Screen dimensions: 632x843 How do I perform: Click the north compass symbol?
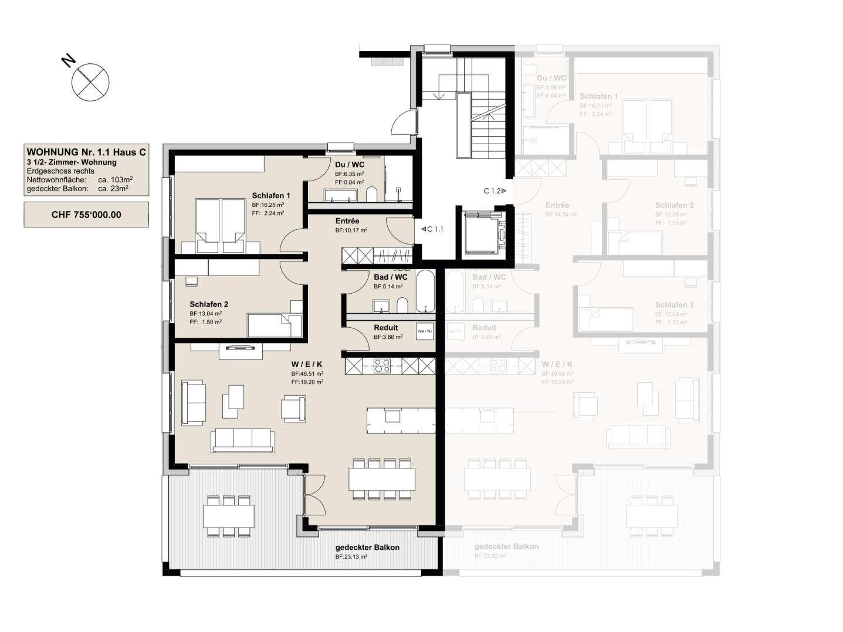coord(90,81)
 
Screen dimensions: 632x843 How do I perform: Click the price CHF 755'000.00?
coord(86,215)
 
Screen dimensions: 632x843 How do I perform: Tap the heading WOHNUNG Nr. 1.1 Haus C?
coord(86,152)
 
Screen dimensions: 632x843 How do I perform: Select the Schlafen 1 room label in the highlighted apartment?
coord(271,196)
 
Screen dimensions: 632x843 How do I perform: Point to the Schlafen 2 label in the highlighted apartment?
coord(209,304)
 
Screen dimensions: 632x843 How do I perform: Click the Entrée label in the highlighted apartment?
coord(347,221)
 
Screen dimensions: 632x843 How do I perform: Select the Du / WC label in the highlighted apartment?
coord(350,165)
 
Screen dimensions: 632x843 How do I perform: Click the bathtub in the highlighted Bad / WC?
coord(425,291)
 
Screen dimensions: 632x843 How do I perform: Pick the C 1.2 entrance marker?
coord(495,191)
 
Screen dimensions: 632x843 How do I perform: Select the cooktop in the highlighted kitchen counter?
coord(382,366)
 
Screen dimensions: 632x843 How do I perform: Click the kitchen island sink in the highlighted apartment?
coord(392,416)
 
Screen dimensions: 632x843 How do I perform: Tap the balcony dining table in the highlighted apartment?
coord(229,516)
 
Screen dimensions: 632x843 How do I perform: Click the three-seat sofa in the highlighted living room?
coord(243,439)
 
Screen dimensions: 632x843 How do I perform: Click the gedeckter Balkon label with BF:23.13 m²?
coord(367,548)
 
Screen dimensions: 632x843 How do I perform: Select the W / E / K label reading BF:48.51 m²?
coord(307,364)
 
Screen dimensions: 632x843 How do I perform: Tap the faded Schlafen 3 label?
coord(674,305)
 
